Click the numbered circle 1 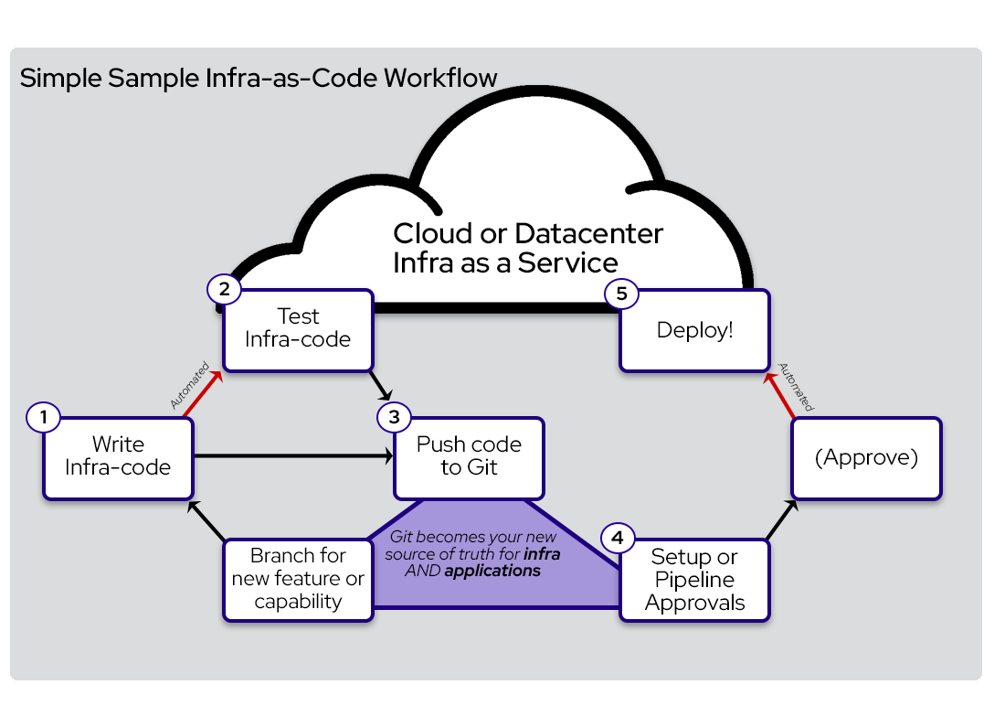[43, 418]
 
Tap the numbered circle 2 [224, 290]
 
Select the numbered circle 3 [394, 418]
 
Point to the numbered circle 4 [619, 538]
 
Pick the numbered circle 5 [620, 294]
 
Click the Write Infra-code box [118, 458]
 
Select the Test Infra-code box [298, 330]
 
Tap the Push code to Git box [469, 458]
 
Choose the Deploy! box [694, 331]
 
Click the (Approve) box [866, 458]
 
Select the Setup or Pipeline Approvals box [694, 581]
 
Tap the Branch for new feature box [298, 580]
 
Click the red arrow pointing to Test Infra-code [203, 392]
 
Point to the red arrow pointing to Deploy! [778, 392]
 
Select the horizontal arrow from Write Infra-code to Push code [292, 454]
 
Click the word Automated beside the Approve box [796, 387]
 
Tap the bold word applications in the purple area [492, 571]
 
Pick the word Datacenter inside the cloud [588, 233]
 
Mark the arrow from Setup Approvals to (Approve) [779, 520]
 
